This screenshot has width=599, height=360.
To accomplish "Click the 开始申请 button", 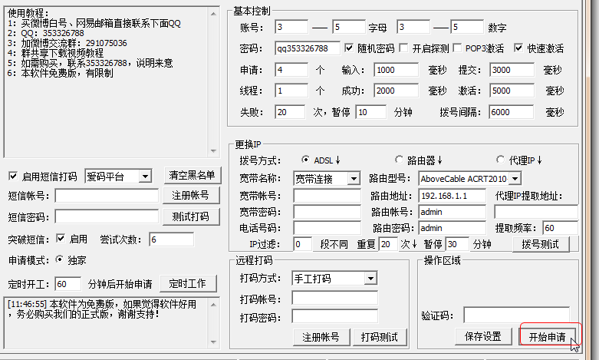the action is click(548, 336).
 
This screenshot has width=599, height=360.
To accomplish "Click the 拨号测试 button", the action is click(540, 244).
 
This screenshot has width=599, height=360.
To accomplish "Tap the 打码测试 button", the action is click(380, 337).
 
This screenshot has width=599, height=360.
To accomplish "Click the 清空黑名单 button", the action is click(192, 176).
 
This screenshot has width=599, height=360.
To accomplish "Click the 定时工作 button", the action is click(188, 283).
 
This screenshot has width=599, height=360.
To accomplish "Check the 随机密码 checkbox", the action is click(349, 48).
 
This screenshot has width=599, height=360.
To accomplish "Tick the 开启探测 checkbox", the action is click(403, 48).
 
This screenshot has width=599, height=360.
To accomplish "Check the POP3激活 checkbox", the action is click(457, 48).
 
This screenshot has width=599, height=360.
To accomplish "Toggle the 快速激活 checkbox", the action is click(518, 48).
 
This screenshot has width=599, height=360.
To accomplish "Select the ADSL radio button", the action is click(305, 160).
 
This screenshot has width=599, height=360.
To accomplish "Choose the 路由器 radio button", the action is click(399, 160).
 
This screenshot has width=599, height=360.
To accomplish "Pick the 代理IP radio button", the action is click(500, 160).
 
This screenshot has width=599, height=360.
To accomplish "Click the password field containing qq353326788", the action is click(307, 48).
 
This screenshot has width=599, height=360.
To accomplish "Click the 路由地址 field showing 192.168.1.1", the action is click(453, 196).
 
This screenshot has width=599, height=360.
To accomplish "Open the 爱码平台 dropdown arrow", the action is click(145, 177).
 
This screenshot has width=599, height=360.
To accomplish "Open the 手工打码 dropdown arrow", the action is click(370, 279).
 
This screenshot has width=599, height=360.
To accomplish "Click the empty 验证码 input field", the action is click(516, 315).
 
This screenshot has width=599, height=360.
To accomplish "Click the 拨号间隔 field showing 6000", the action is click(511, 112).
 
